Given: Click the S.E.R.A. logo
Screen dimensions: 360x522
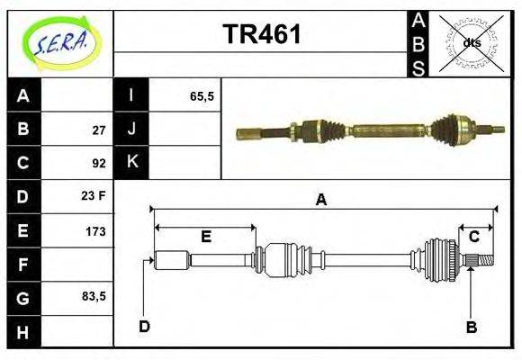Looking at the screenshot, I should [x=59, y=42].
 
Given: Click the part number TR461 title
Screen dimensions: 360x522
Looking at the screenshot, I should [x=261, y=35].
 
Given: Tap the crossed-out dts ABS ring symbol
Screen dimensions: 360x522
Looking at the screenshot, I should [x=471, y=42].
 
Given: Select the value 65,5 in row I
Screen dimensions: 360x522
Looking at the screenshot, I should [x=202, y=95].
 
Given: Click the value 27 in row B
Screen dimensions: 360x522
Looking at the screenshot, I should [x=99, y=130].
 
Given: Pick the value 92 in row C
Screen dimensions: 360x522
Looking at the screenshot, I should [x=99, y=164].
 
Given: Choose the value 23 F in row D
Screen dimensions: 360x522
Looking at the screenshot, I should [x=94, y=196].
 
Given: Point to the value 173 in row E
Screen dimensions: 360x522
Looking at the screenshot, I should [x=95, y=231].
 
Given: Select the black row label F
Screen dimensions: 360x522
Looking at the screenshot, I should [x=23, y=265].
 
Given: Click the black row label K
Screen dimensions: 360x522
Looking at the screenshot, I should [x=130, y=163].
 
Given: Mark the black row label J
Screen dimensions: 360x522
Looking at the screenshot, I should [x=130, y=130].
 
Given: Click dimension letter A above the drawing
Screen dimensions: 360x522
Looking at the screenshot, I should [x=320, y=201].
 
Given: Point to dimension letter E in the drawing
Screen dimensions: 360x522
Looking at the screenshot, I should [x=205, y=237].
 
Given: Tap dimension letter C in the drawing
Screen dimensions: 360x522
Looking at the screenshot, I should [x=473, y=237].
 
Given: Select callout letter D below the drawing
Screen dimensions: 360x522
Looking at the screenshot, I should [x=144, y=327].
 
